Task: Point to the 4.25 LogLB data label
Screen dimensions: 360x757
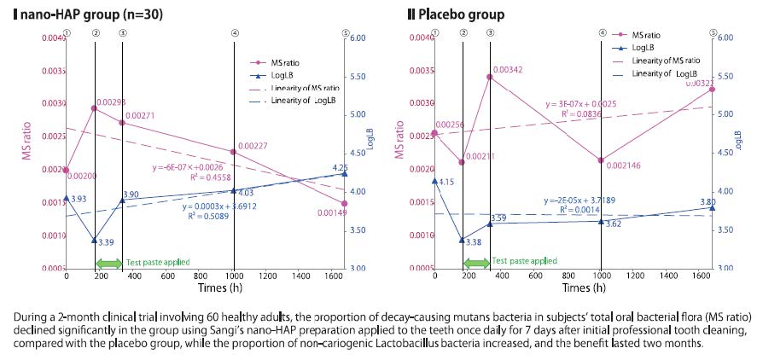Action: (340, 168)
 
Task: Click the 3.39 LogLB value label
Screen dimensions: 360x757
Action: (107, 243)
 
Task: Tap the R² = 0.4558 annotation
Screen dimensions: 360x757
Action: (178, 178)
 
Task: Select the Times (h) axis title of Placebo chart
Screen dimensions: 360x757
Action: (571, 289)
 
